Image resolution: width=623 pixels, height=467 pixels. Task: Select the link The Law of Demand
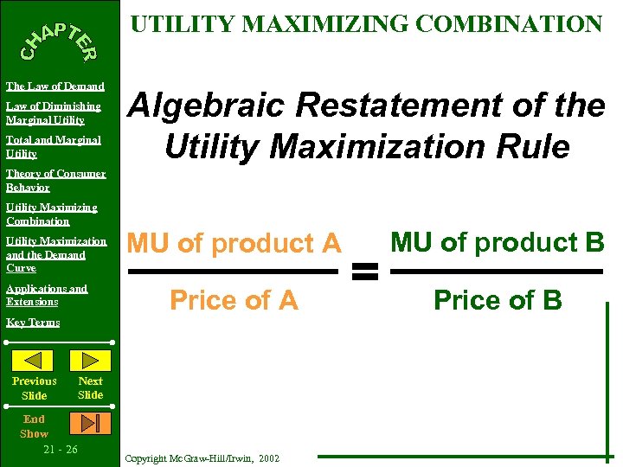tap(55, 86)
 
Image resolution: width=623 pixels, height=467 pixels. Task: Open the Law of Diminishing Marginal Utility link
tap(54, 113)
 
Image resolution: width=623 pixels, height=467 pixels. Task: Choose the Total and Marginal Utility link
tap(53, 146)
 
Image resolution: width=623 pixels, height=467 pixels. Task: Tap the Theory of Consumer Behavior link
tap(55, 180)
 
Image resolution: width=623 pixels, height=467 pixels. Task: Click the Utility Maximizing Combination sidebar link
tap(52, 214)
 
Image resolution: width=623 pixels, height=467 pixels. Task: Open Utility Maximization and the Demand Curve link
tap(55, 254)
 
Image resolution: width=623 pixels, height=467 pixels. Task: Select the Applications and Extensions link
tap(47, 295)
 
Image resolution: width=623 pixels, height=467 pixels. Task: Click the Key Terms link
tap(33, 323)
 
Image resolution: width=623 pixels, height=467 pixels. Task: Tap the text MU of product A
tap(234, 245)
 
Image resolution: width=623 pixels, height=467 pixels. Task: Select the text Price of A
tap(234, 300)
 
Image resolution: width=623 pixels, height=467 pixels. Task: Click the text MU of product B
tap(497, 243)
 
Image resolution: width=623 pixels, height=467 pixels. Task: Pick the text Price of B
tap(498, 300)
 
